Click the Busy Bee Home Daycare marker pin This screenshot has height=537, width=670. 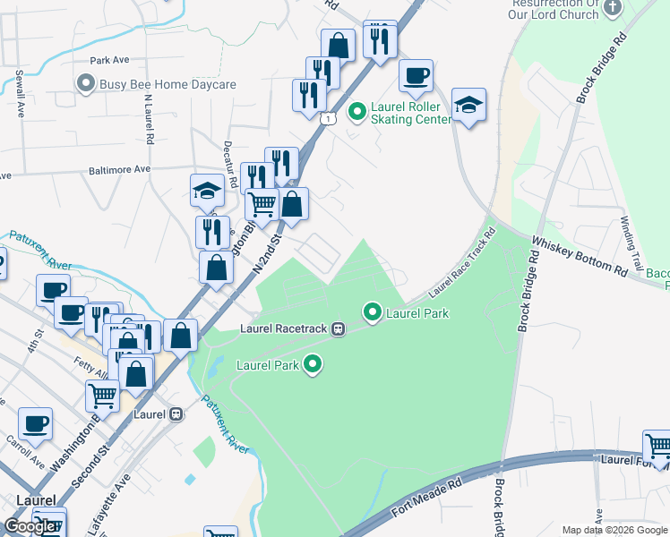(x=86, y=84)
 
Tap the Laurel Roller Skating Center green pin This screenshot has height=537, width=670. (x=356, y=112)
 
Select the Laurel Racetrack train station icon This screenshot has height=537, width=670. (x=338, y=328)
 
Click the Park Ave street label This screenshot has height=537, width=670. (x=110, y=61)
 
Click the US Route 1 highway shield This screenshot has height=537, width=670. (x=329, y=118)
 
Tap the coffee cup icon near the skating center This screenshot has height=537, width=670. (x=416, y=77)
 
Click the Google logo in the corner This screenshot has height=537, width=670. (x=30, y=526)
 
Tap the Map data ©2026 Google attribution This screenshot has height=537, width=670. (x=614, y=530)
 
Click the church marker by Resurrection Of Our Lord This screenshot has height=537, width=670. (x=613, y=7)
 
